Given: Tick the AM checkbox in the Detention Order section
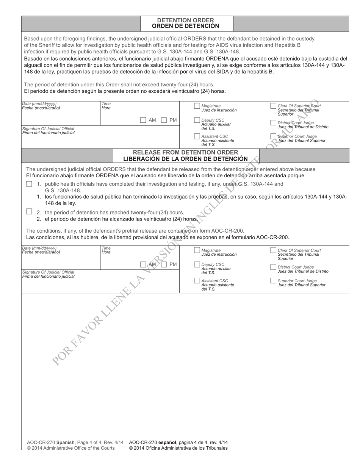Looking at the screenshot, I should click(x=143, y=120).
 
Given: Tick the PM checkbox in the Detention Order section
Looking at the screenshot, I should click(x=164, y=120).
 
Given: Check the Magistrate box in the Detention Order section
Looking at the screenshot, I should click(x=197, y=106).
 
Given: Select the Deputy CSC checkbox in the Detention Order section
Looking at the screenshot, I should click(x=197, y=120).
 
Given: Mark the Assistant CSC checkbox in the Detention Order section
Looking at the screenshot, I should click(x=197, y=136).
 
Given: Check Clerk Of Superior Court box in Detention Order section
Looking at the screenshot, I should click(x=273, y=106).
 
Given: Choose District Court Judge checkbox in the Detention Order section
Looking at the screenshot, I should click(x=273, y=123).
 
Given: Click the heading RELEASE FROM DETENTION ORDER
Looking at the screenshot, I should click(x=185, y=152).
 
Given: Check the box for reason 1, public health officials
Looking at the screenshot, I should click(x=29, y=184).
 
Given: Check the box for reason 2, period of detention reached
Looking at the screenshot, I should click(x=29, y=212).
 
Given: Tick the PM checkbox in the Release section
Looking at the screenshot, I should click(x=164, y=264).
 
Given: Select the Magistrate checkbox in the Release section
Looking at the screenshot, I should click(x=197, y=250).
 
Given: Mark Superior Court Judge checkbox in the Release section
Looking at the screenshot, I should click(x=273, y=281).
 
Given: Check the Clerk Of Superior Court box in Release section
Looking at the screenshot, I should click(x=273, y=250).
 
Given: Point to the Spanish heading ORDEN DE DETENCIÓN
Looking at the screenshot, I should click(x=185, y=26).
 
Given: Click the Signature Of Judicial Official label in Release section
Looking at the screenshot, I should click(x=48, y=272).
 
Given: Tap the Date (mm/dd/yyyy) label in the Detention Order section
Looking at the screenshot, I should click(x=39, y=103).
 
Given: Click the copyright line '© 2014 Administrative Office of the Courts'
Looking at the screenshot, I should click(x=70, y=448).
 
